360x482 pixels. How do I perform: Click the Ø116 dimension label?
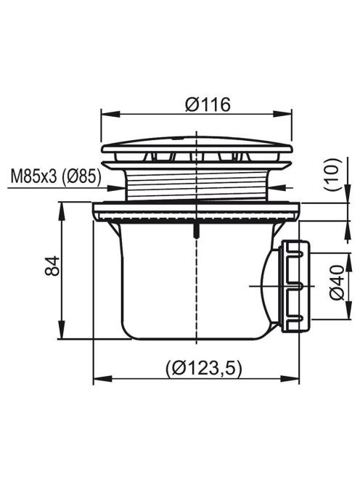(x=208, y=105)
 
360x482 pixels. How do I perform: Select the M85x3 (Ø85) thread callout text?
(x=56, y=177)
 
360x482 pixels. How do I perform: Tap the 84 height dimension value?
(x=52, y=266)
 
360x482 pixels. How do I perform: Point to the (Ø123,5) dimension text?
(x=204, y=367)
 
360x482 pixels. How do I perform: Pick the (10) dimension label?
(x=332, y=175)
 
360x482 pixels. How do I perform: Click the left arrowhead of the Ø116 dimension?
(x=110, y=114)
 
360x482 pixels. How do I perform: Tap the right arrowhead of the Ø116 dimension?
(x=282, y=114)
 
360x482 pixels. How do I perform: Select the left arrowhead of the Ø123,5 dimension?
(x=102, y=379)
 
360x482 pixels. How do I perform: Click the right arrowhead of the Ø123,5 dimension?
(x=290, y=379)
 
